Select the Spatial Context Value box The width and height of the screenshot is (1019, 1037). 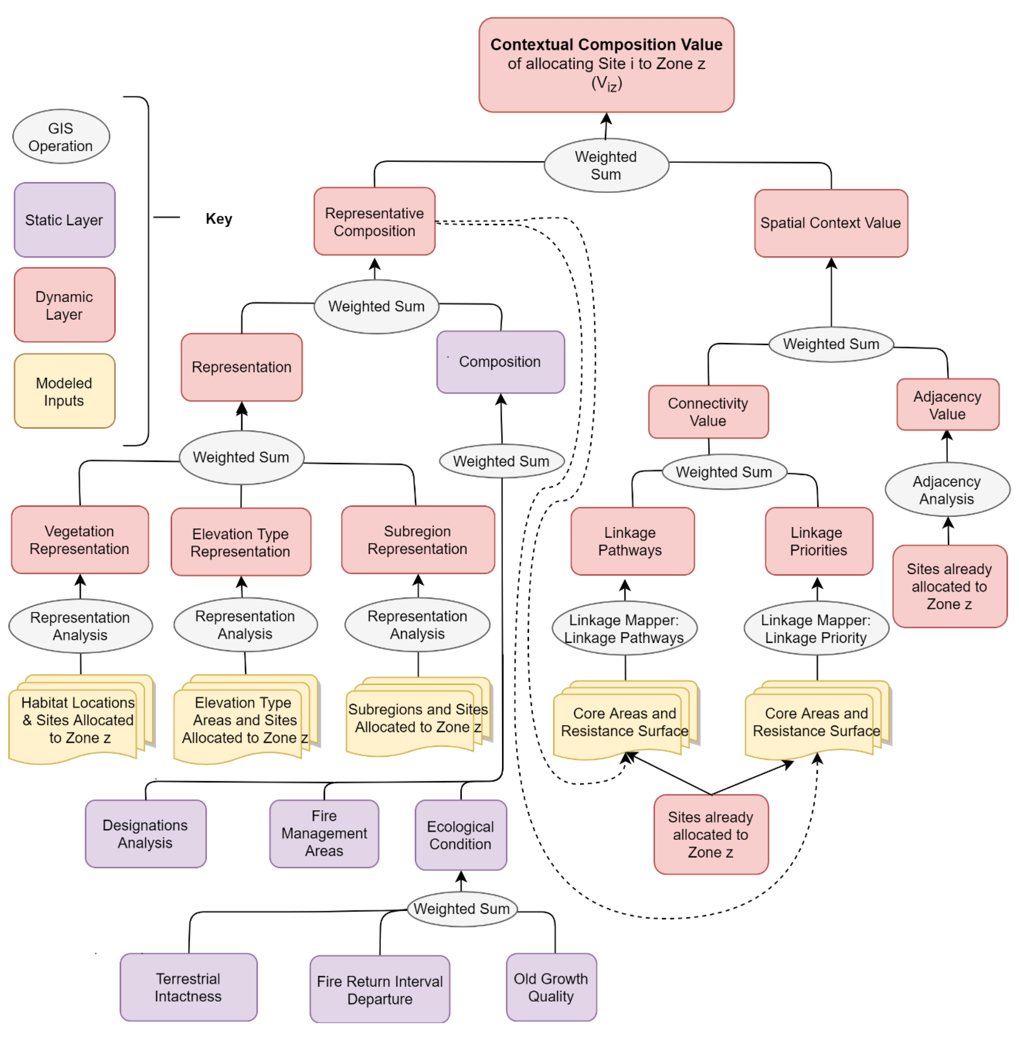[x=831, y=223]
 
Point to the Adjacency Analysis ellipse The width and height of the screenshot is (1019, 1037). [x=947, y=489]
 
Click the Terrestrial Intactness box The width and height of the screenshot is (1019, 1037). [x=188, y=987]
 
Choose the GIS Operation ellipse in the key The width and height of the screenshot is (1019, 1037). [x=61, y=137]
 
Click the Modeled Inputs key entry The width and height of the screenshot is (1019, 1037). [x=64, y=391]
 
